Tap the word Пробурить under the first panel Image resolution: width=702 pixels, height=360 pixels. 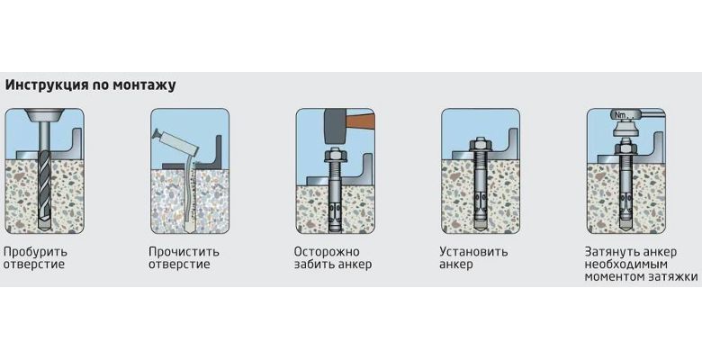tap(35, 252)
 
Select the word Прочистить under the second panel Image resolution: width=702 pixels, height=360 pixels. tap(184, 252)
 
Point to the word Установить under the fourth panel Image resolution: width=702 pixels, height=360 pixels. tap(473, 252)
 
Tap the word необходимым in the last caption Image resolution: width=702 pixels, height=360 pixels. tap(625, 265)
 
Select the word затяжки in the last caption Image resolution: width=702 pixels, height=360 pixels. tap(673, 277)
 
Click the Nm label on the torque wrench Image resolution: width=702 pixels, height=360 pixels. tap(620, 115)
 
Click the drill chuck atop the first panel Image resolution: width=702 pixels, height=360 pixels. tap(44, 115)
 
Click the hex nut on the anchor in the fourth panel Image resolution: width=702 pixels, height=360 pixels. tap(481, 146)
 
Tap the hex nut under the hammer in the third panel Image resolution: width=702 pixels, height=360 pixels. tap(335, 155)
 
